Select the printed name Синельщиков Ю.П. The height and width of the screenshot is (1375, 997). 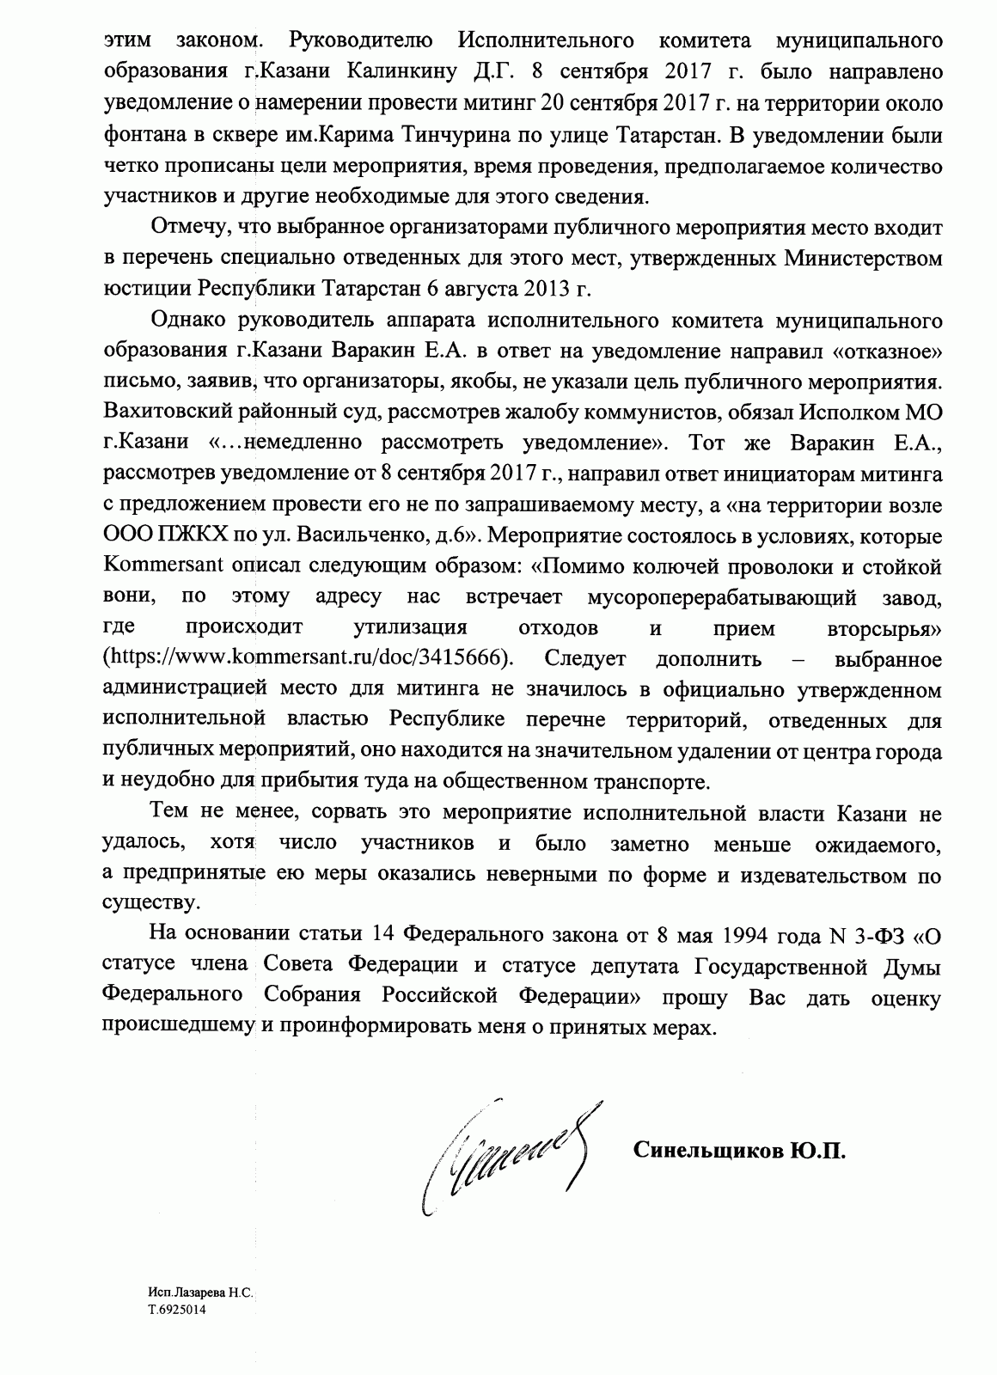[x=739, y=1151]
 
